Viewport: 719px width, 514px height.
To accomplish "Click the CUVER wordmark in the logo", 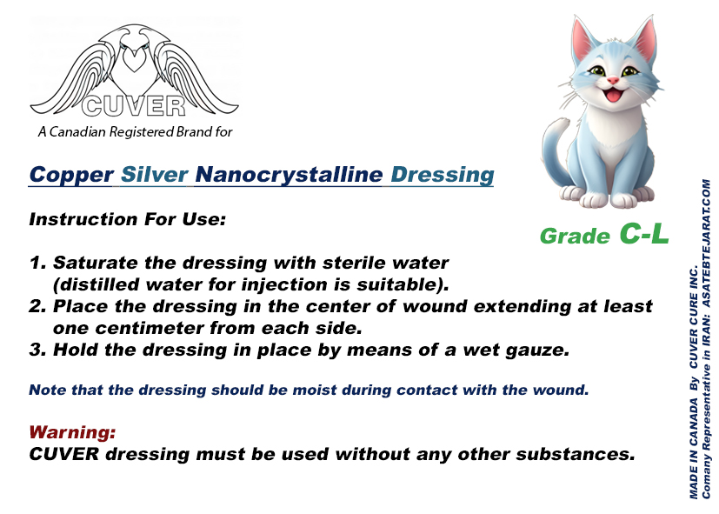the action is pyautogui.click(x=134, y=106).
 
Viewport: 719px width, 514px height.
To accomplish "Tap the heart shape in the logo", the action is pyautogui.click(x=135, y=60).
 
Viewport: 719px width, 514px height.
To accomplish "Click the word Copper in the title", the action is pyautogui.click(x=71, y=175).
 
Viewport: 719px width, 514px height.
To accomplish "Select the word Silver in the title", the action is pyautogui.click(x=155, y=175).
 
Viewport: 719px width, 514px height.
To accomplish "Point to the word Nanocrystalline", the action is pyautogui.click(x=289, y=175).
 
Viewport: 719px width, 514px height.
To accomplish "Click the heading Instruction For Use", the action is pyautogui.click(x=128, y=219).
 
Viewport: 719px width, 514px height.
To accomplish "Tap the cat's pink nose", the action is pyautogui.click(x=613, y=81).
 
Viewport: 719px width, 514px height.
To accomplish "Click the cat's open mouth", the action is pyautogui.click(x=612, y=96).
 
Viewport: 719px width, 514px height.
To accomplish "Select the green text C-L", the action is pyautogui.click(x=644, y=233).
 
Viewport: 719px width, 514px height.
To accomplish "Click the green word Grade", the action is pyautogui.click(x=575, y=237).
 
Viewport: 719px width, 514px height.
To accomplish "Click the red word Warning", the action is pyautogui.click(x=72, y=432).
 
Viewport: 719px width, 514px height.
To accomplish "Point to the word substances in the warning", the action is pyautogui.click(x=575, y=454).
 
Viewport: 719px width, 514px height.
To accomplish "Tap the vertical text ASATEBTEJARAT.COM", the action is pyautogui.click(x=706, y=243).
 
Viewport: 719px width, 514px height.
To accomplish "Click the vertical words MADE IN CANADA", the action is pyautogui.click(x=693, y=449).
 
